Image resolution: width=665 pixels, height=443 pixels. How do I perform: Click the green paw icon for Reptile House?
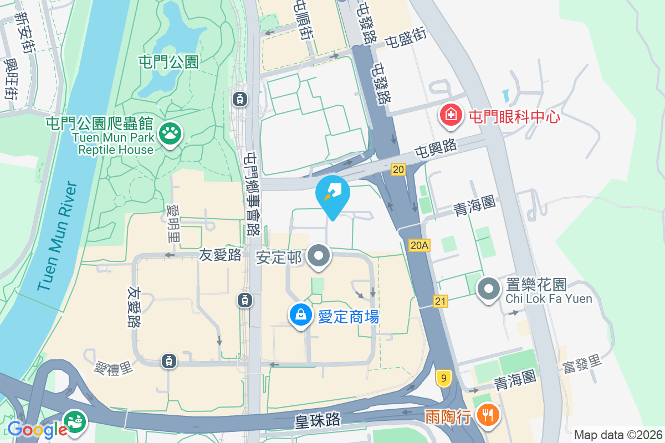click(x=170, y=133)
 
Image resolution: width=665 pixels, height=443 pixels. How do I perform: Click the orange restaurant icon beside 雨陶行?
click(x=488, y=415)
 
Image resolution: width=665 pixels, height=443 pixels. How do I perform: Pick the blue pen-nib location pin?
click(x=332, y=194)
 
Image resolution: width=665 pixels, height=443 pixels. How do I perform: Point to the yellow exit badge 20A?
click(x=420, y=245)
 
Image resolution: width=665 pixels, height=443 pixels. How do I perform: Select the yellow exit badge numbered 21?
click(x=441, y=301)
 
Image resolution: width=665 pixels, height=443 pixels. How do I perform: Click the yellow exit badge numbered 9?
click(x=443, y=378)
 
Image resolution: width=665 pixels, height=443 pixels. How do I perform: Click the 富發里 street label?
click(x=581, y=365)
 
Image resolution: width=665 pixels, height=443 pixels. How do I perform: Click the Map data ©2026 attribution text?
click(x=617, y=435)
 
